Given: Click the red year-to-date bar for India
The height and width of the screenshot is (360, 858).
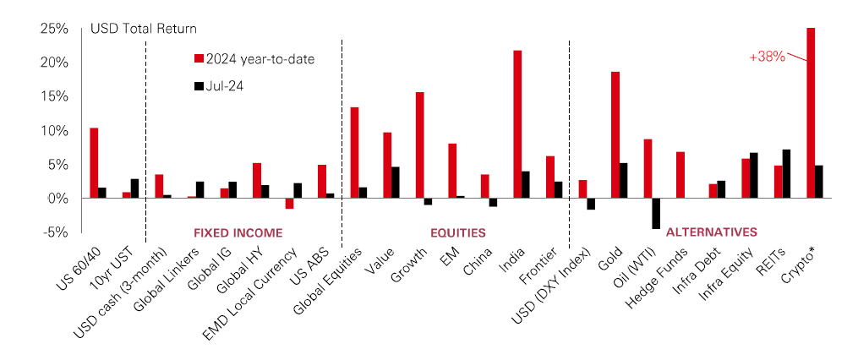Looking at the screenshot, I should pos(517,124).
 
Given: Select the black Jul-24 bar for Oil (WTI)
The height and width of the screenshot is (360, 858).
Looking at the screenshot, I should pos(656,213).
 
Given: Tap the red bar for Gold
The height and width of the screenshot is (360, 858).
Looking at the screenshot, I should pos(615,134).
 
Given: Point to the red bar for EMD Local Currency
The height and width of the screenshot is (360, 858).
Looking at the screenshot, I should pos(290,203).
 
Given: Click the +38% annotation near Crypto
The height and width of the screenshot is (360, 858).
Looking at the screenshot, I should pos(767,57).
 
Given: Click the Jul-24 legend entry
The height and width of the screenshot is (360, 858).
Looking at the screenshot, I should pos(222,85).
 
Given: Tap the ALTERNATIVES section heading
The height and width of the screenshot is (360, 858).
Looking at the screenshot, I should pos(712,232).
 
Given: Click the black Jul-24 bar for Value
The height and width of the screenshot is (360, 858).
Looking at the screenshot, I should pos(396,182).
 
